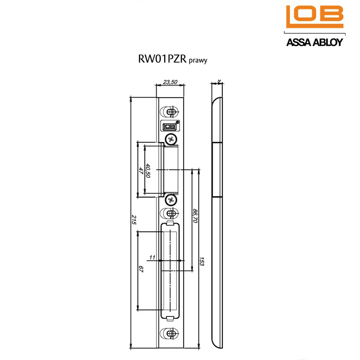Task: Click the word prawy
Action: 198,61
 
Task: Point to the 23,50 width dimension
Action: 170,82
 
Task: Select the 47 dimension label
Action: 141,171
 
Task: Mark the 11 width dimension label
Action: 152,257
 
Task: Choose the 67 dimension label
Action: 141,270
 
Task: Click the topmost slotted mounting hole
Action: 170,111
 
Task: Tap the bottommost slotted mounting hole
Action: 170,333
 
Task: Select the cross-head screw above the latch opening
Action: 170,139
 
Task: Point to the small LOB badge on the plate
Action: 169,126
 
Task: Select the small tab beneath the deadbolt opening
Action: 170,319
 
